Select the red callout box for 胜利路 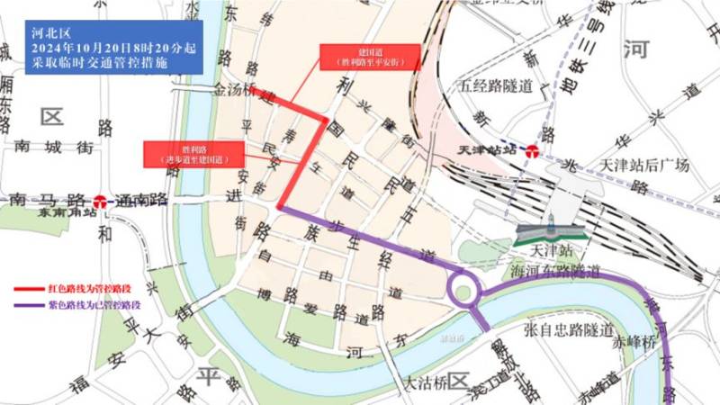pos(194,152)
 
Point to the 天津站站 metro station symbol pos(533,151)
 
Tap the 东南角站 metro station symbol pos(101,202)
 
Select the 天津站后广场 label pos(643,166)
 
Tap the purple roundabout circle pos(463,291)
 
